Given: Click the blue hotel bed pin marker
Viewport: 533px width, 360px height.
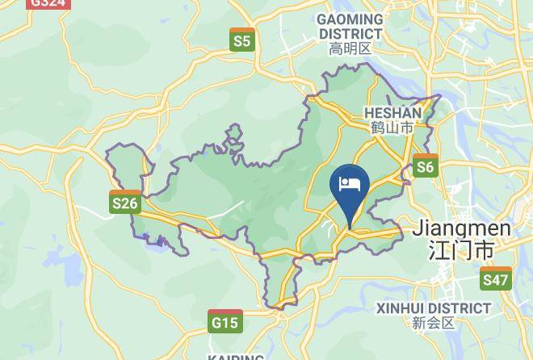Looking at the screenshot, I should point(350,188).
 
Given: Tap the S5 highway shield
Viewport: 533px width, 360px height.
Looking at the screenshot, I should point(241,40).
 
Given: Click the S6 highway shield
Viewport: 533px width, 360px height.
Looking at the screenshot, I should point(425,166).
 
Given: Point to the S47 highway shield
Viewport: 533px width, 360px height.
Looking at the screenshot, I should point(495,279).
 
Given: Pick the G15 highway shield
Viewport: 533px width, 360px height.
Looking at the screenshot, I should point(225,321).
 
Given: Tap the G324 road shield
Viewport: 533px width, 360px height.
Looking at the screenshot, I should point(47,3).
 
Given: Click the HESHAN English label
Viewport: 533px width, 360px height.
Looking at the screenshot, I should point(392,113).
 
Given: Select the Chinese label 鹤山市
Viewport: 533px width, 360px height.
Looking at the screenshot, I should point(392,128).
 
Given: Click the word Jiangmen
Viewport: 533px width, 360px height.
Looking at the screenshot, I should point(461,229).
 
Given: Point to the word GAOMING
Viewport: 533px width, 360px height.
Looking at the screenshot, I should point(350,19).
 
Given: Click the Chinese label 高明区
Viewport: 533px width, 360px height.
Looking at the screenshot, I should point(350,49).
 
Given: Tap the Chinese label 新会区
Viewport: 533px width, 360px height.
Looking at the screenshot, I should point(434,324).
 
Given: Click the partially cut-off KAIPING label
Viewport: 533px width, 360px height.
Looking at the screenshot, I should point(236,356).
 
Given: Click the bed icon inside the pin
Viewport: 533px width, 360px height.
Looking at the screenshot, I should point(350,184).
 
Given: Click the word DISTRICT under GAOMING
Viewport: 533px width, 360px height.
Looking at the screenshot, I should point(350,34).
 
